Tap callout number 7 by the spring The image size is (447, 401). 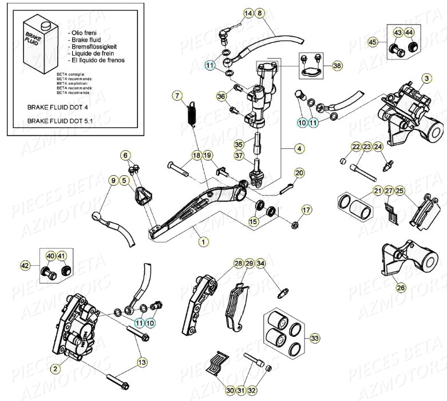click(177, 96)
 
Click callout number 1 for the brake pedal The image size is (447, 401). click(202, 242)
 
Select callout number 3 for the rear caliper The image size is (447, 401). click(426, 78)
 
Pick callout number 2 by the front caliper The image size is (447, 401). click(55, 369)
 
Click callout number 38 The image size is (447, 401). click(337, 66)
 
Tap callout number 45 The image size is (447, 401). click(373, 42)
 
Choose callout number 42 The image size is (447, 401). click(25, 266)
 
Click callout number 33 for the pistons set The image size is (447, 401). click(315, 339)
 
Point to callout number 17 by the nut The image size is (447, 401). click(307, 210)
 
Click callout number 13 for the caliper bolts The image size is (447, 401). click(142, 362)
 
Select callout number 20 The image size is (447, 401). click(299, 173)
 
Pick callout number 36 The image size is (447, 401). click(221, 97)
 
